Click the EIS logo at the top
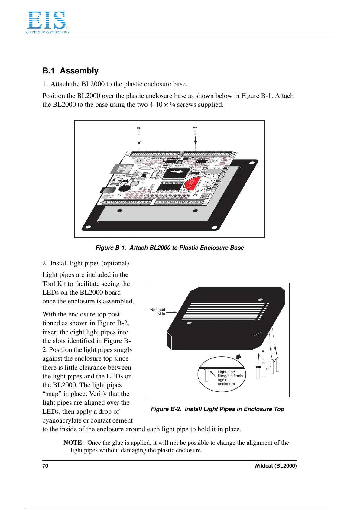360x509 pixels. tap(47, 22)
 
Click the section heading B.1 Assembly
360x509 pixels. tap(70, 71)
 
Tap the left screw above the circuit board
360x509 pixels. tap(139, 131)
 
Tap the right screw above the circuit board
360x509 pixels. tap(195, 131)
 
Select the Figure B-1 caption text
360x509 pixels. tap(170, 248)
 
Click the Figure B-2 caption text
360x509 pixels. tap(217, 409)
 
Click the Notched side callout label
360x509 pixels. tap(158, 312)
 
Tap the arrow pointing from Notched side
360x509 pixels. tap(171, 313)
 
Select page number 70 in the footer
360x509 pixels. tap(45, 466)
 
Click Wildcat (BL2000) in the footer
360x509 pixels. tap(275, 466)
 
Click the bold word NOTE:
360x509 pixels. tap(74, 443)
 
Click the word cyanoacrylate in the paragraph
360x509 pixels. tap(62, 420)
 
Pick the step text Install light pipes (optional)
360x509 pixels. tap(90, 263)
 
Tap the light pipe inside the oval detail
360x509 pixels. tap(207, 374)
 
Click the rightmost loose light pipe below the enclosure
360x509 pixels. tap(277, 365)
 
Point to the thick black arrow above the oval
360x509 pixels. tap(238, 357)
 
